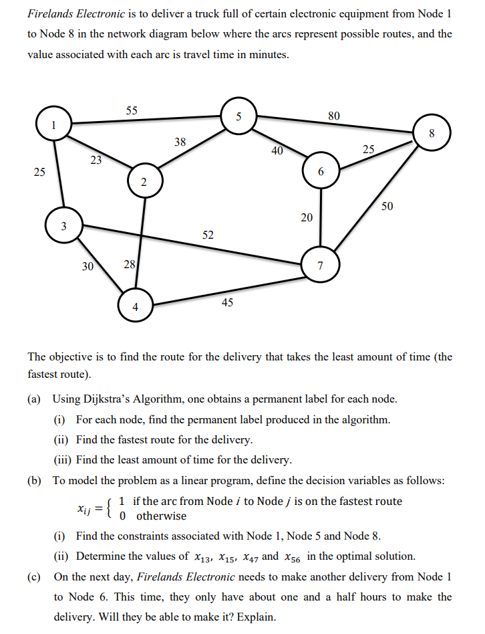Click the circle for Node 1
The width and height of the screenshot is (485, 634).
(x=53, y=125)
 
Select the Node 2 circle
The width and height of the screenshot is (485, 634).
(x=144, y=182)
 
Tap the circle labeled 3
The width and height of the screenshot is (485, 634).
(x=63, y=226)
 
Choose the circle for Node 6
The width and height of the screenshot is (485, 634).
(x=321, y=171)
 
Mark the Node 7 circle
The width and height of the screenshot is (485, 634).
(x=320, y=266)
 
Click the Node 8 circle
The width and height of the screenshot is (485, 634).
(x=432, y=132)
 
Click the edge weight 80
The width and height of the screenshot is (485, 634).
(x=334, y=115)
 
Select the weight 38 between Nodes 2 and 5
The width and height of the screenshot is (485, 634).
(x=180, y=142)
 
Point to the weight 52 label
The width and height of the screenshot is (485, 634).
(x=208, y=235)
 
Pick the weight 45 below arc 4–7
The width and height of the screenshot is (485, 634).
(x=227, y=302)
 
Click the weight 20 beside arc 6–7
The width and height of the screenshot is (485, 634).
(x=307, y=217)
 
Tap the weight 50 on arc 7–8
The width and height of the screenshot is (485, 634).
(x=387, y=206)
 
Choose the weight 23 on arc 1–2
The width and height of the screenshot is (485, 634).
(x=96, y=160)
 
